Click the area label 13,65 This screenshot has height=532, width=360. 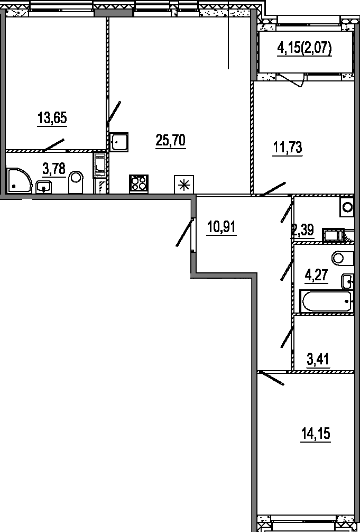52,117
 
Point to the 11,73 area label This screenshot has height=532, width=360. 288,148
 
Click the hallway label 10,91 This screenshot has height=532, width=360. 221,228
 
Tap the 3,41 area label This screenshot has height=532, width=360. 318,360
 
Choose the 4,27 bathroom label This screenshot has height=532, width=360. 317,277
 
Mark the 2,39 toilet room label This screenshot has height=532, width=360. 303,230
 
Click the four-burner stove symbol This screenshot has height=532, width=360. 139,183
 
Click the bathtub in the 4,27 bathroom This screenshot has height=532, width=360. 326,301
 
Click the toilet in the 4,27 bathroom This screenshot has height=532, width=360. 343,258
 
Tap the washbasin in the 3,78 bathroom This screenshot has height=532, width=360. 43,186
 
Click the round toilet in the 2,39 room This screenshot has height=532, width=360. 347,207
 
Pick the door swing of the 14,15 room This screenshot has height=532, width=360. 272,379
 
